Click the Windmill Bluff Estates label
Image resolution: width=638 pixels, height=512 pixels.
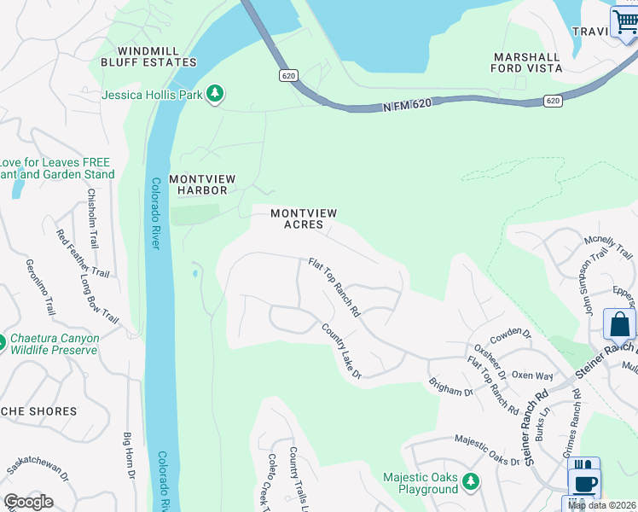148,57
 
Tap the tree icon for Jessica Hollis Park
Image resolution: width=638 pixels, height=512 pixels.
217,94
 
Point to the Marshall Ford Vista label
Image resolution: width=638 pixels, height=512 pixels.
527,62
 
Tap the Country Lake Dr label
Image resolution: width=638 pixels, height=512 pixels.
342,351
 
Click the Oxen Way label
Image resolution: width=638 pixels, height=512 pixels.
532,375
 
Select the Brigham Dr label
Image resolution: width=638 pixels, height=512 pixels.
450,387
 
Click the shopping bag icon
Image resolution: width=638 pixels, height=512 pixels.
618,324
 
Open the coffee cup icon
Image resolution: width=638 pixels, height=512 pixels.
584,482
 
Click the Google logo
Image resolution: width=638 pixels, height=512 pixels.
27,502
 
